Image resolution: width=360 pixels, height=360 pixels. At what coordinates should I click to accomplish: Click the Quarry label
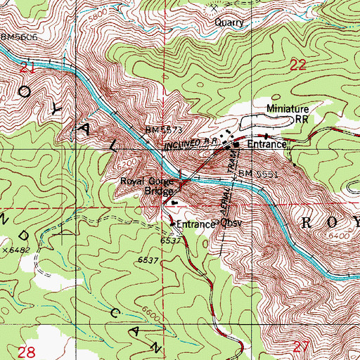230,22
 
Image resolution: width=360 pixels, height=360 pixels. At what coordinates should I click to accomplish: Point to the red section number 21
27,67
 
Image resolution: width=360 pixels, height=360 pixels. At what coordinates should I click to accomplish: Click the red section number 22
300,65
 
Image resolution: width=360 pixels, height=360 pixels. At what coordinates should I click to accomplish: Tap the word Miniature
288,109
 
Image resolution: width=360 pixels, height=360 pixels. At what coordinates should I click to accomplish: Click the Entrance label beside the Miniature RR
265,144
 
